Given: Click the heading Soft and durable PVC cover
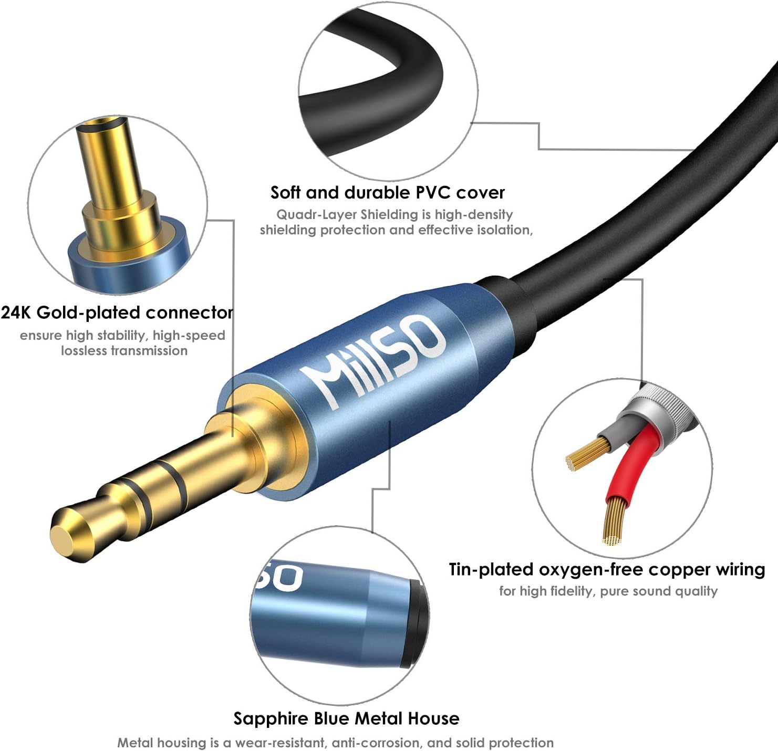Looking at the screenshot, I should click(387, 193).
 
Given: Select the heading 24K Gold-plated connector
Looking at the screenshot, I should click(117, 313).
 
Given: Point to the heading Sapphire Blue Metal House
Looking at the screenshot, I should click(346, 718).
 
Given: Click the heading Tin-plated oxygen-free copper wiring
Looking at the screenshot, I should click(607, 570).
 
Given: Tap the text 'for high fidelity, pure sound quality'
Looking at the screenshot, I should click(608, 591).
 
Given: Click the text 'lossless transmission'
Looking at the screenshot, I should click(124, 351).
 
